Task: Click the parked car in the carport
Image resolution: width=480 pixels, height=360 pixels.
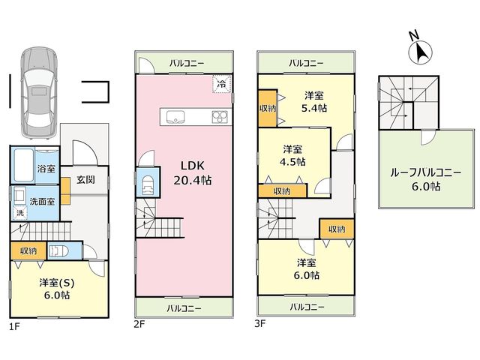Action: click(x=39, y=91)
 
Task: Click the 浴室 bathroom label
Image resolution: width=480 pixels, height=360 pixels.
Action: click(x=46, y=169)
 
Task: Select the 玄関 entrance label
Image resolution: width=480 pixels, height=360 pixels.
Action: click(x=85, y=180)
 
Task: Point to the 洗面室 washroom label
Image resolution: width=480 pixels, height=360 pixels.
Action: click(x=42, y=202)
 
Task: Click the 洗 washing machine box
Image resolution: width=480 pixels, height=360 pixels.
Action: click(x=20, y=212)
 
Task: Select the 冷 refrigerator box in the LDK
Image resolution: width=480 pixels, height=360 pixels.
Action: click(x=222, y=83)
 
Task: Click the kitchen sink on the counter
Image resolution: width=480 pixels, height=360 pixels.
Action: click(x=175, y=117)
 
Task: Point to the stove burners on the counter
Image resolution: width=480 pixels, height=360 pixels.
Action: click(x=220, y=117)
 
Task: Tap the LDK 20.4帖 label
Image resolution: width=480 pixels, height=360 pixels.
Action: click(x=193, y=173)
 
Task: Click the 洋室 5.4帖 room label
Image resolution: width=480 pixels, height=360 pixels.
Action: click(x=314, y=102)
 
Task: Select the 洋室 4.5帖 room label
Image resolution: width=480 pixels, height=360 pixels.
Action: click(x=292, y=155)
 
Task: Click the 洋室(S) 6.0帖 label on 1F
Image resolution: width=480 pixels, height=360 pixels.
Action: click(x=57, y=289)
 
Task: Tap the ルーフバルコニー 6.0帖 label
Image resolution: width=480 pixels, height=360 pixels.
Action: click(x=425, y=180)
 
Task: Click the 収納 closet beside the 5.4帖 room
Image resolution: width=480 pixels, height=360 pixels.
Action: click(x=268, y=108)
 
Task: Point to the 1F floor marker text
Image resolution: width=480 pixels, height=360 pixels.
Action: click(x=14, y=327)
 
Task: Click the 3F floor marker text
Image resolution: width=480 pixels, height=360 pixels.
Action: click(x=259, y=323)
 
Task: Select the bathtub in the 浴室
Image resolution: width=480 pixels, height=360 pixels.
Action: click(x=23, y=165)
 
